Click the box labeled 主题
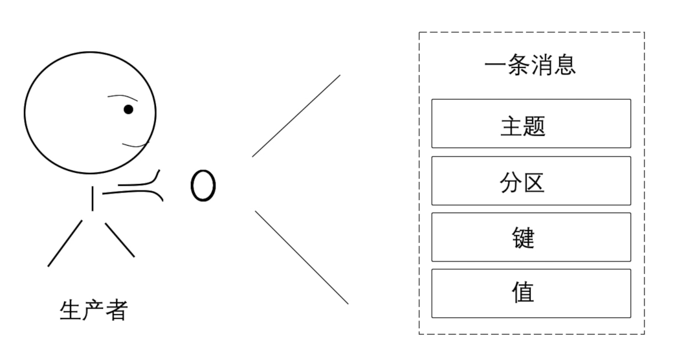tap(531, 124)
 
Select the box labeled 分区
tap(531, 181)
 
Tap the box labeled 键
tap(531, 237)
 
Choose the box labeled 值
tap(531, 293)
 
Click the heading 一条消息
tap(529, 66)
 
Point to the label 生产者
tap(93, 309)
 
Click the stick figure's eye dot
tap(128, 109)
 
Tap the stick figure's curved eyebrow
tap(120, 97)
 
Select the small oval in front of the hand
tap(203, 186)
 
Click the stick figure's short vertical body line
tap(93, 199)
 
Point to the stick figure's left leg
tap(65, 243)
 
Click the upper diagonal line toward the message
tap(296, 116)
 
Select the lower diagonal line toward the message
tap(302, 257)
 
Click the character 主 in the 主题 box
tap(511, 125)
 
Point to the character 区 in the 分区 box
tap(533, 182)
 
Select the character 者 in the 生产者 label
tap(116, 309)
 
